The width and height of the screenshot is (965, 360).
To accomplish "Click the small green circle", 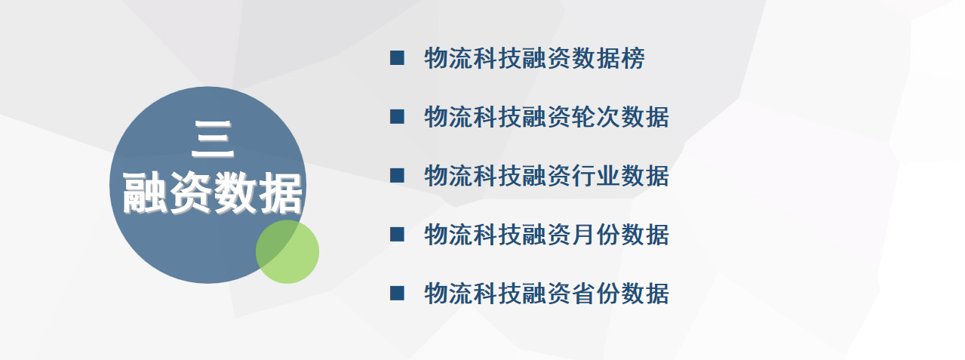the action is point(287,252).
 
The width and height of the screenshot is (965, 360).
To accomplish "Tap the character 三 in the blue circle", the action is point(212,140).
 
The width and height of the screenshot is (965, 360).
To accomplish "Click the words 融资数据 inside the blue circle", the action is point(212,192).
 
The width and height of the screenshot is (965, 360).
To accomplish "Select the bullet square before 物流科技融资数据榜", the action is point(397,58).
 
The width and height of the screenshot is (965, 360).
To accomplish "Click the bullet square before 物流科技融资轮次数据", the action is point(397,117).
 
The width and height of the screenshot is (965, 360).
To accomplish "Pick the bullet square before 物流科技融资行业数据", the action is point(397,176).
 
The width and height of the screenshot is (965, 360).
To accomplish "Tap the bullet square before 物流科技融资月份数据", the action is point(397,235).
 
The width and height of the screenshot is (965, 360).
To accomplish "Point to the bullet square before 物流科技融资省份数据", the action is point(397,294).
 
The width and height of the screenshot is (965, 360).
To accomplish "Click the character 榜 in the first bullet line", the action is point(633,58).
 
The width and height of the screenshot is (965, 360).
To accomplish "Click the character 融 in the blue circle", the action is point(144,192).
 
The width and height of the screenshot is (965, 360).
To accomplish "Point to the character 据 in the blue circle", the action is point(281,192).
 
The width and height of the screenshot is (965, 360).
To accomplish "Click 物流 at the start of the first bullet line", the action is point(448,58).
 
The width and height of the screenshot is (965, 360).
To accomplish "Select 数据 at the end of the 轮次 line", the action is point(645,117).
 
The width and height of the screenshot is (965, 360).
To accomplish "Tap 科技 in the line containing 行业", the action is point(497,176).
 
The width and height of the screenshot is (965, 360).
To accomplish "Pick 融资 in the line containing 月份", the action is point(547,235).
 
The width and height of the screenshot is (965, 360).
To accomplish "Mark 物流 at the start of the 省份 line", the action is point(448,294).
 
